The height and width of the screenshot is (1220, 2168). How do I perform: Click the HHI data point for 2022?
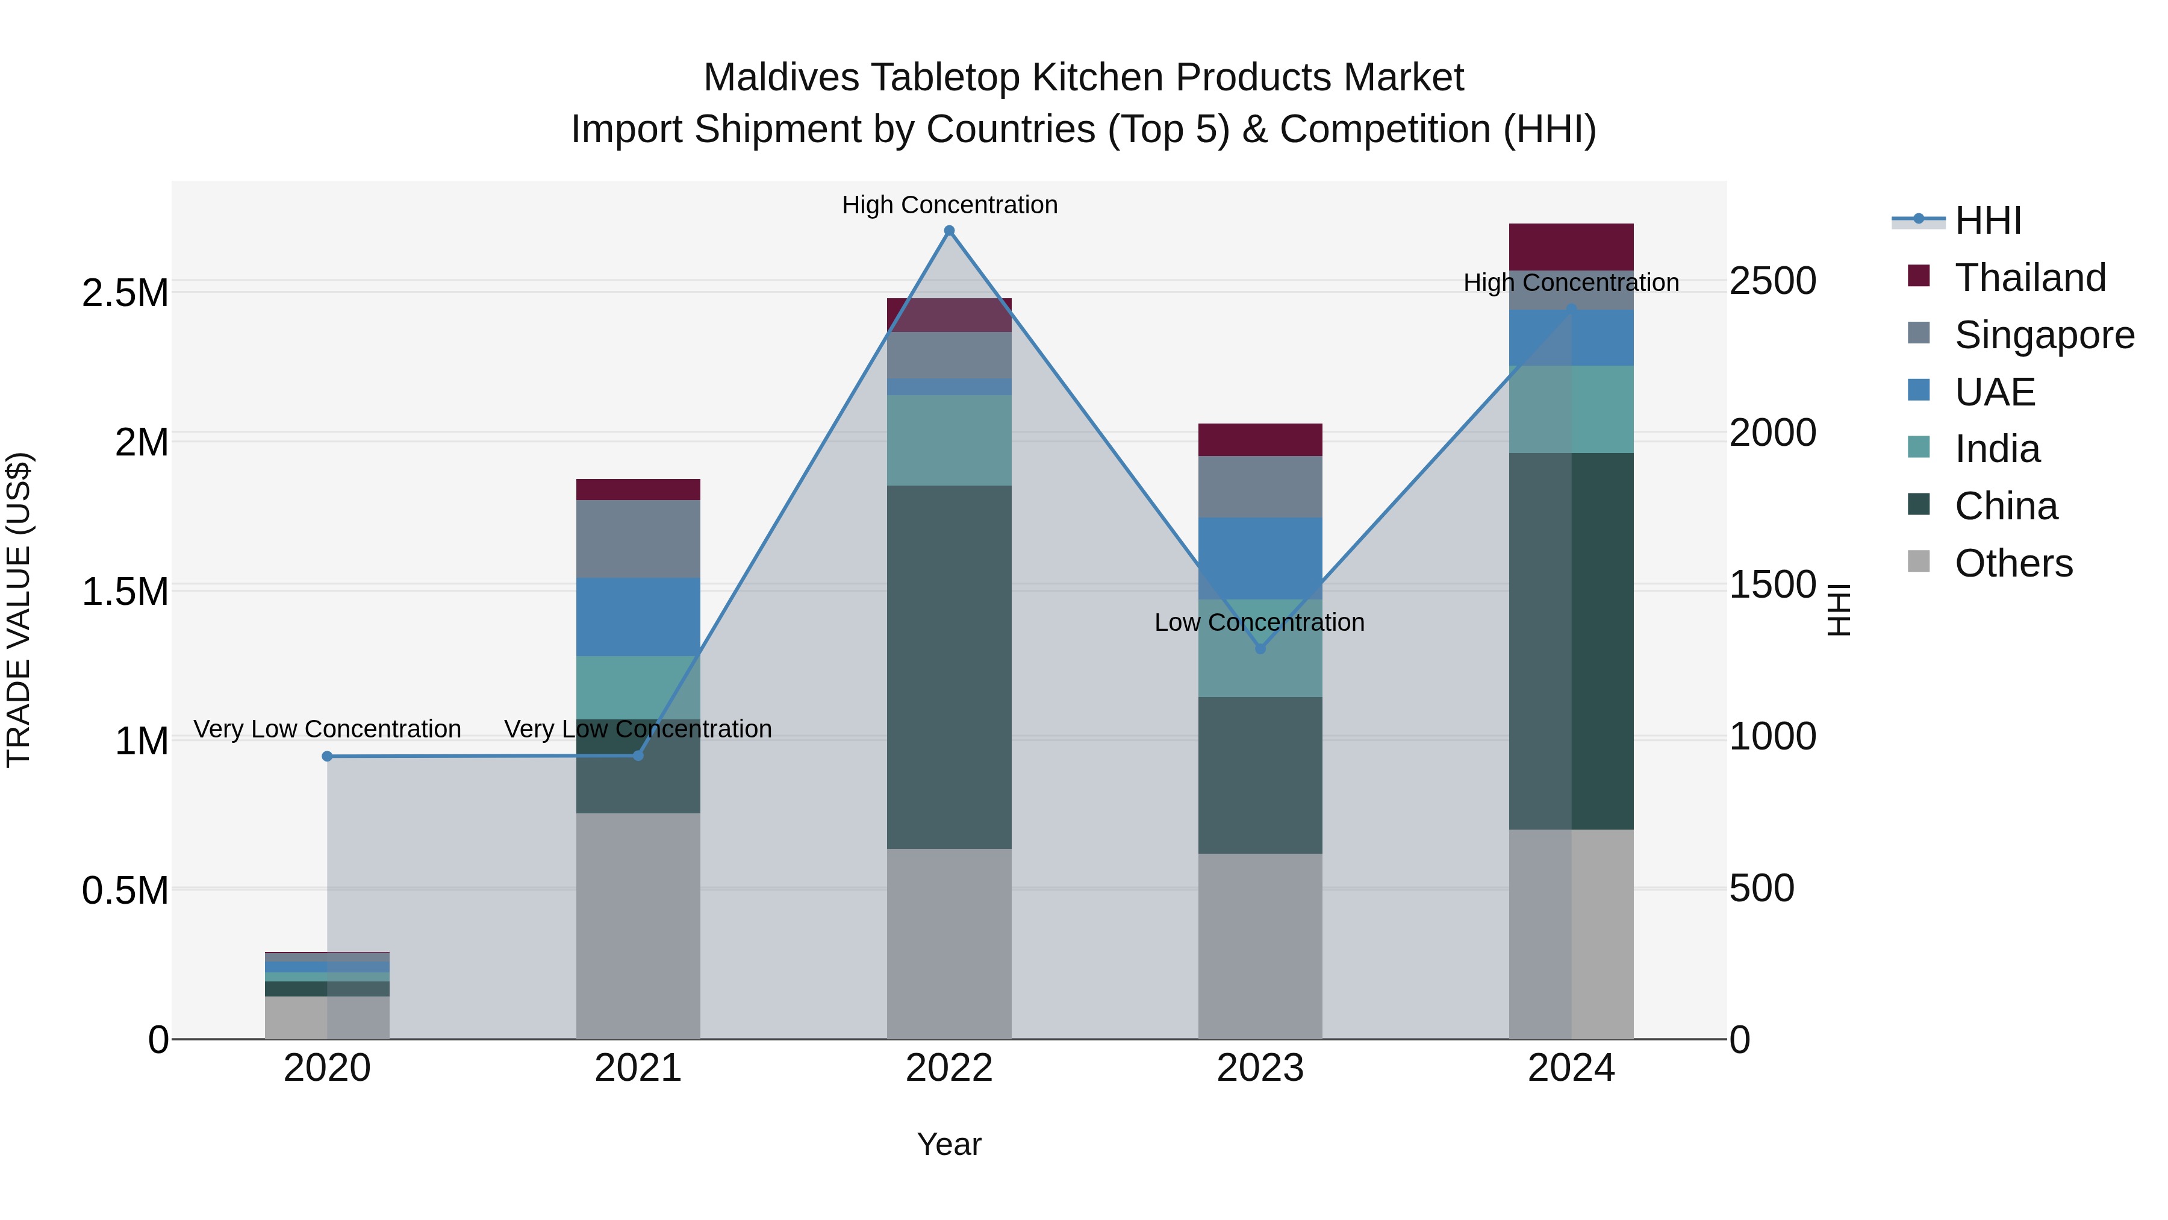pos(949,231)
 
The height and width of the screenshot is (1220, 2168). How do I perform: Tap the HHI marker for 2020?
pos(328,756)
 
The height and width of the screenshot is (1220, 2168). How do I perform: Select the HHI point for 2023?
pos(1260,648)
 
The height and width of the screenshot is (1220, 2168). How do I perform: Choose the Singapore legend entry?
pos(2043,335)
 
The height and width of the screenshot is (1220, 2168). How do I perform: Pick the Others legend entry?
pos(2013,563)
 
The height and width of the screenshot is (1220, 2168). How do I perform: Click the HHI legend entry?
pos(1987,221)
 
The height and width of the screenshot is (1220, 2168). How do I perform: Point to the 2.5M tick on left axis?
pos(125,293)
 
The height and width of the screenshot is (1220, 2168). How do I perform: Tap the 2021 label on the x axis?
pos(638,1068)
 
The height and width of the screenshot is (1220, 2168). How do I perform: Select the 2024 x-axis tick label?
pos(1571,1068)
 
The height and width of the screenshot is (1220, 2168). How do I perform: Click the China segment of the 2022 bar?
pos(949,665)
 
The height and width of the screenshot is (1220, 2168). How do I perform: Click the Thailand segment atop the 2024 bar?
pos(1571,246)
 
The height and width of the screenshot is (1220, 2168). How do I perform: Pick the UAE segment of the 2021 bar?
pos(638,616)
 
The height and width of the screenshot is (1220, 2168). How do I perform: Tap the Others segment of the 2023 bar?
pos(1260,945)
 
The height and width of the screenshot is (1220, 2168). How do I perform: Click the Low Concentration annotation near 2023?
pos(1259,623)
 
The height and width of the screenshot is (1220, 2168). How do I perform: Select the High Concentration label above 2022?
pos(949,205)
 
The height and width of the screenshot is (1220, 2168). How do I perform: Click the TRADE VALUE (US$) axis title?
pos(19,610)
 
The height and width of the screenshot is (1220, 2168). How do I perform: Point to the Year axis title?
pos(949,1144)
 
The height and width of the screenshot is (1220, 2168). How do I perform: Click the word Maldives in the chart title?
pos(781,78)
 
